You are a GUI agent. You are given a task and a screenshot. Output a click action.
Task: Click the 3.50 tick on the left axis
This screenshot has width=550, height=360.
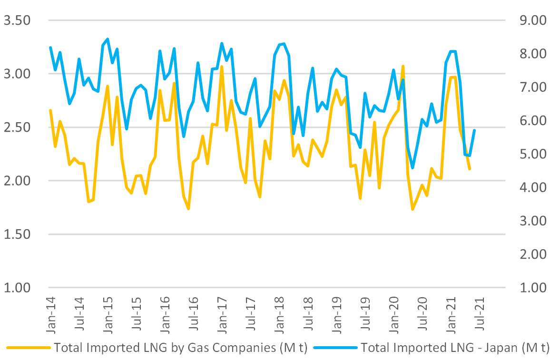[17, 20]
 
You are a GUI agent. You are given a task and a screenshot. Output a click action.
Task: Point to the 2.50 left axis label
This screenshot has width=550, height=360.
[17, 127]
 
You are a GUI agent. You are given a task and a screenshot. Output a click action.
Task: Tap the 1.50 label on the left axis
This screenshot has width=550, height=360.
[17, 234]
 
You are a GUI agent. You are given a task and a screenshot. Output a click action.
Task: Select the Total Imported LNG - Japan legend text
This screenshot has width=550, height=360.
[455, 348]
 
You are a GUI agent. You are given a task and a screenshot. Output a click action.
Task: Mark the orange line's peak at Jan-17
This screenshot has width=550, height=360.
[222, 67]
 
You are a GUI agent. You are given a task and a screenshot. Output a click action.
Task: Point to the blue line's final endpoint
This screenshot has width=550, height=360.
[474, 130]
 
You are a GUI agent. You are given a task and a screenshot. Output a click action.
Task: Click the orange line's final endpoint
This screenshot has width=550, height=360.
[470, 169]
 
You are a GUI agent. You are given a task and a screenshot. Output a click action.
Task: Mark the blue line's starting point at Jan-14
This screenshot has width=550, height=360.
[50, 48]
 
